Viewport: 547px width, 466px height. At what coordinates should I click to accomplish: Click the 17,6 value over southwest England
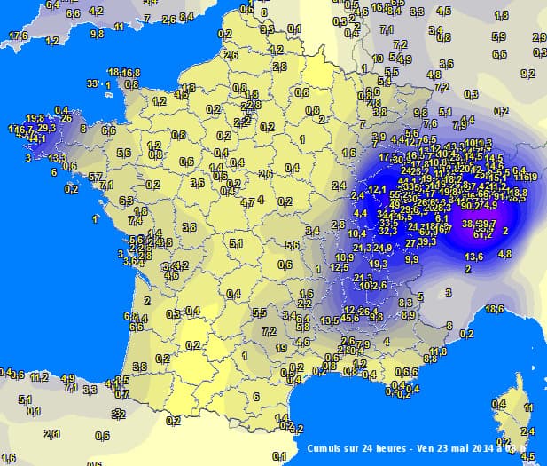click(x=17, y=36)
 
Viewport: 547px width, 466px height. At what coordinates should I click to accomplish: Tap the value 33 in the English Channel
click(x=91, y=83)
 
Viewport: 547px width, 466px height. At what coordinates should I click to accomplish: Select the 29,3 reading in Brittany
click(x=46, y=129)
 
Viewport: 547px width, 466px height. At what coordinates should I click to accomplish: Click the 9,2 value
click(x=527, y=74)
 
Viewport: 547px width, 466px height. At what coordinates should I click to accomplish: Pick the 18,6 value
click(x=495, y=308)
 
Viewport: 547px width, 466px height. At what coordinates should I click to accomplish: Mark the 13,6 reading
click(x=473, y=257)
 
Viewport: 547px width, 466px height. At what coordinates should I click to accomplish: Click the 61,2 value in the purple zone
click(x=483, y=234)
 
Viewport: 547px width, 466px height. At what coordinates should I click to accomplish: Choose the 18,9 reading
click(x=345, y=257)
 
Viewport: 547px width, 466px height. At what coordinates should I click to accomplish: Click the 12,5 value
click(x=338, y=267)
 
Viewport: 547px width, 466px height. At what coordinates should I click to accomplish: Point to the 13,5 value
click(x=330, y=320)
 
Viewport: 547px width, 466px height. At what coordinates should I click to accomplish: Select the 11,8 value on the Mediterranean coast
click(x=437, y=351)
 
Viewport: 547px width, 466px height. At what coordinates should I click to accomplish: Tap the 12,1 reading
click(x=378, y=189)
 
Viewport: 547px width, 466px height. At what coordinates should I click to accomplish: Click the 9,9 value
click(x=412, y=259)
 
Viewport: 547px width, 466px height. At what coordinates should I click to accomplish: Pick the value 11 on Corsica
click(x=528, y=407)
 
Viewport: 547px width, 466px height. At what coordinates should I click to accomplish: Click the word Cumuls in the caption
click(x=324, y=448)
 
